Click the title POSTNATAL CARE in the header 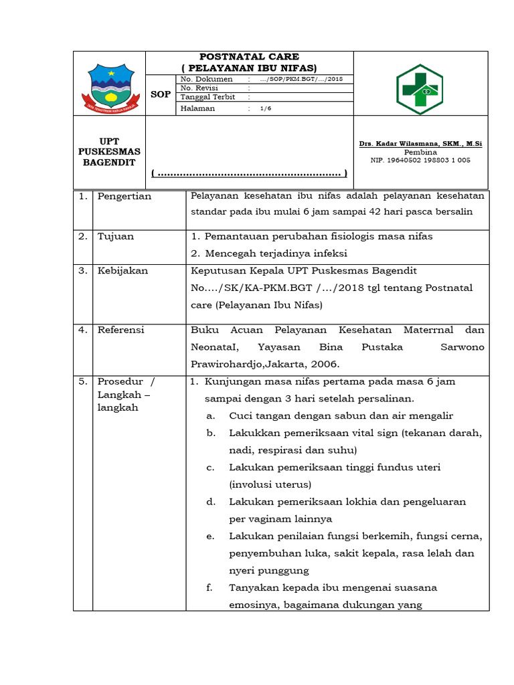coord(249,57)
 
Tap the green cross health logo coord(420,84)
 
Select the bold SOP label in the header coord(161,94)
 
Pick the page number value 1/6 coord(266,108)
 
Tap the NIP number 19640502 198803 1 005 coord(420,161)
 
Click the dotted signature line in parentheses coord(249,174)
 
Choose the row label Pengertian coord(124,197)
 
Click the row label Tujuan coord(116,237)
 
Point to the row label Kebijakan coord(122,271)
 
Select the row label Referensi coord(121,330)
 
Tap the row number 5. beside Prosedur coord(82,382)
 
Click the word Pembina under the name coord(420,153)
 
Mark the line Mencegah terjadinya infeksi coord(276,254)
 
